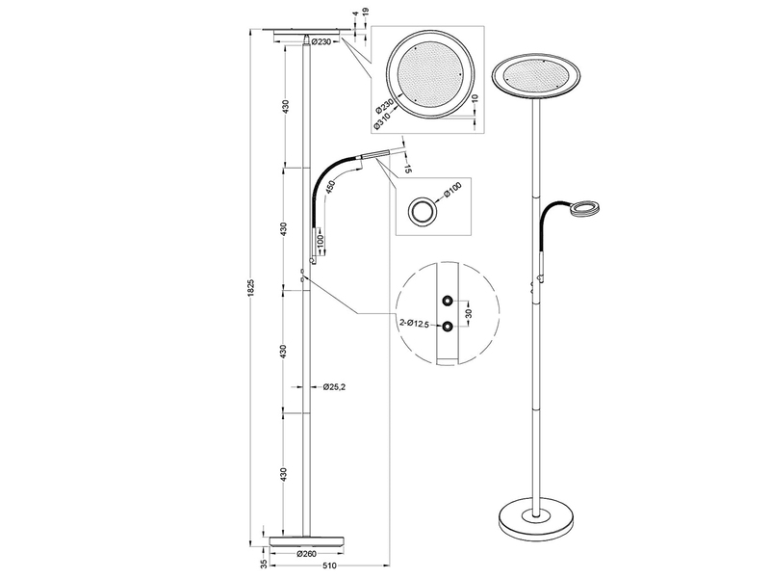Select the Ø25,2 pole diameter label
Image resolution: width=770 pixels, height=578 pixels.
(x=334, y=388)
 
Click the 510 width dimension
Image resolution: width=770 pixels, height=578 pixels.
(x=329, y=566)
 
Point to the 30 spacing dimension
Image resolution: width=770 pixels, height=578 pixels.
(x=469, y=312)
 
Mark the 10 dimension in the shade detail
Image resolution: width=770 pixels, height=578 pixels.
(x=475, y=100)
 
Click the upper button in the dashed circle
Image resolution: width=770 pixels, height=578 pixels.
(x=449, y=300)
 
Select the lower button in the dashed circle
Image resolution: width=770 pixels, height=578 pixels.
(x=449, y=326)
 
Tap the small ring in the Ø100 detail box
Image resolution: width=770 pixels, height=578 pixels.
(x=421, y=212)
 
